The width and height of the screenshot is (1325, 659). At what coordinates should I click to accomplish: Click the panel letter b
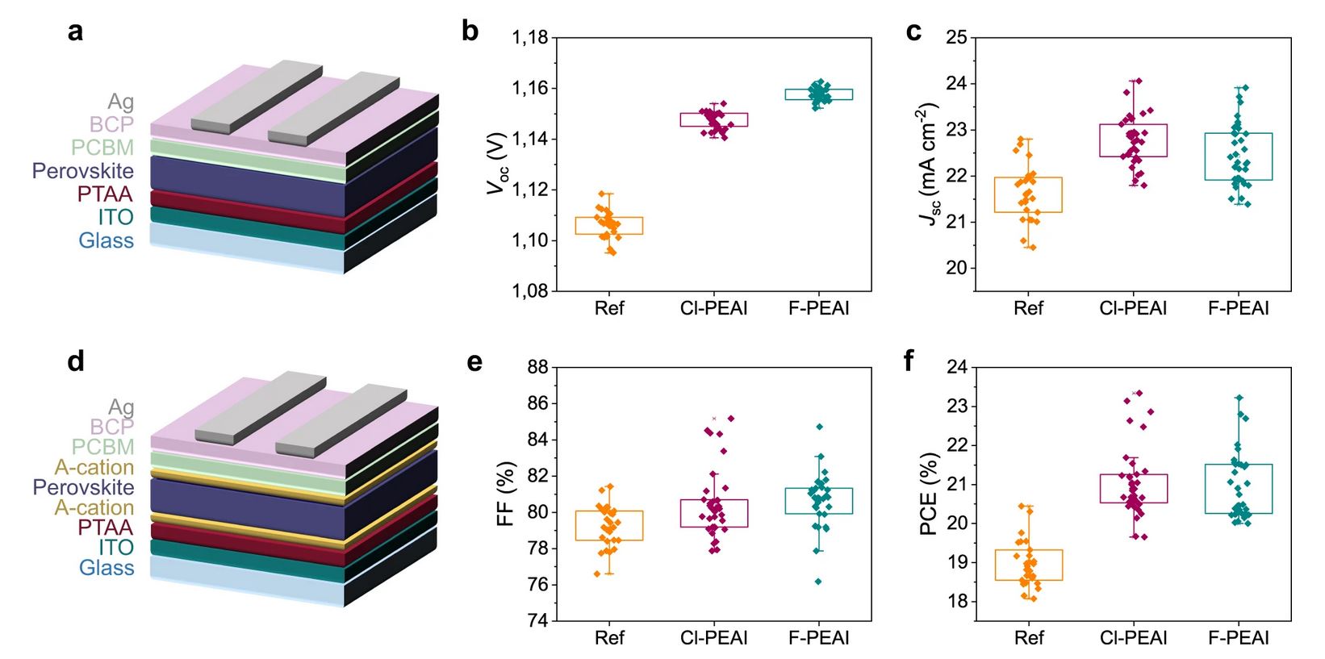point(470,32)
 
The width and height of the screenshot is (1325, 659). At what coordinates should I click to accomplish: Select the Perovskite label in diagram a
point(82,171)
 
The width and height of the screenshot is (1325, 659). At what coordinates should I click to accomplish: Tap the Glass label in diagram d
point(106,568)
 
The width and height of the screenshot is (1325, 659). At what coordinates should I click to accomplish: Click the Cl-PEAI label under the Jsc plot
point(1133,308)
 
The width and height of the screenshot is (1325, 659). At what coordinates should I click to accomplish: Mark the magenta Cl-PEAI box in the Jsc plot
point(1133,140)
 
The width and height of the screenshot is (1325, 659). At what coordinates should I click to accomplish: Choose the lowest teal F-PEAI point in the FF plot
point(818,582)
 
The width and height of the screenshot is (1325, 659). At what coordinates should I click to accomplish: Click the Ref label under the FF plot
point(609,638)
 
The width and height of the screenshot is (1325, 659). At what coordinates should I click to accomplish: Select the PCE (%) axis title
point(929,494)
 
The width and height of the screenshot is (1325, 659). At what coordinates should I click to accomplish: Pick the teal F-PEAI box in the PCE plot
point(1239,489)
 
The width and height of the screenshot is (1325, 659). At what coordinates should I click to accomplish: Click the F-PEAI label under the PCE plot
point(1238,638)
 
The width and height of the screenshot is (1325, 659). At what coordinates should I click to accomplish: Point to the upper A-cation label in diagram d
point(94,467)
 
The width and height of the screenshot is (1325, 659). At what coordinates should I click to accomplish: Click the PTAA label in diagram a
point(105,194)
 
